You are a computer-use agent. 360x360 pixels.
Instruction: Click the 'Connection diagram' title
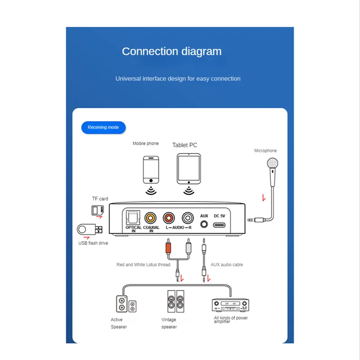coord(171,51)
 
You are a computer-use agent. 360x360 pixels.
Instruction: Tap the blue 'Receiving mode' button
coord(103,127)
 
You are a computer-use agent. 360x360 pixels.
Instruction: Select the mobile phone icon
coord(151,169)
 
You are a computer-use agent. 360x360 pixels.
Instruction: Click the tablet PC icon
coord(188,168)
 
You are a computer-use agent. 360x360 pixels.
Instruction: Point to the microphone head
coord(272,163)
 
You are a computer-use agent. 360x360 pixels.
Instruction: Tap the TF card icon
coord(98,210)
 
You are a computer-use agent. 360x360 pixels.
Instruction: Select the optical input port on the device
coord(134,217)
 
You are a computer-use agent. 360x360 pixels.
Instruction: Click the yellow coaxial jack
coord(151,218)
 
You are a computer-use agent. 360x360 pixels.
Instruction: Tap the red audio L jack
coord(169,218)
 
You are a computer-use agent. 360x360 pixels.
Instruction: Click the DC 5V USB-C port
coord(220,225)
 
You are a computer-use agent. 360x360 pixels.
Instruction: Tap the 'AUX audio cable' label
coord(227,265)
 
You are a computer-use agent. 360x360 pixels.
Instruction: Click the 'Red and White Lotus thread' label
coord(143,265)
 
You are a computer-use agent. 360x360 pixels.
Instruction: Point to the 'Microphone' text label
coord(265,151)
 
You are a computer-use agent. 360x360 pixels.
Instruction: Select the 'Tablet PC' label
coord(184,145)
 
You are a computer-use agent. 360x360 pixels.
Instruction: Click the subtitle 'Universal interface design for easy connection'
coord(178,79)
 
